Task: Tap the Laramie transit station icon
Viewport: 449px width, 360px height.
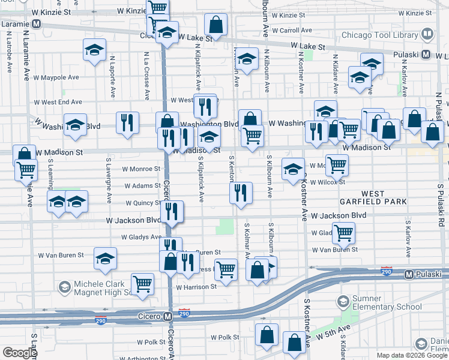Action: click(x=36, y=24)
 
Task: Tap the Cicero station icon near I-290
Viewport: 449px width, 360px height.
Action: click(x=169, y=316)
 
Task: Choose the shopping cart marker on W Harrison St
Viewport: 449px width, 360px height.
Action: click(x=142, y=283)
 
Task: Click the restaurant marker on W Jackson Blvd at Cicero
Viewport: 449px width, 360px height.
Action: click(x=172, y=211)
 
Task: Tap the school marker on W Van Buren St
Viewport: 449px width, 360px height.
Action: click(x=105, y=259)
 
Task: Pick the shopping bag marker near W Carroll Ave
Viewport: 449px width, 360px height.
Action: click(x=215, y=25)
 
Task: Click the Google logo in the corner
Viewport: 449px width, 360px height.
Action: click(x=20, y=353)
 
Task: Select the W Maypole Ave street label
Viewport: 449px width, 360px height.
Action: click(x=56, y=77)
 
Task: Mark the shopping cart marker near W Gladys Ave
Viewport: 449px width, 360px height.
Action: click(x=343, y=232)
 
